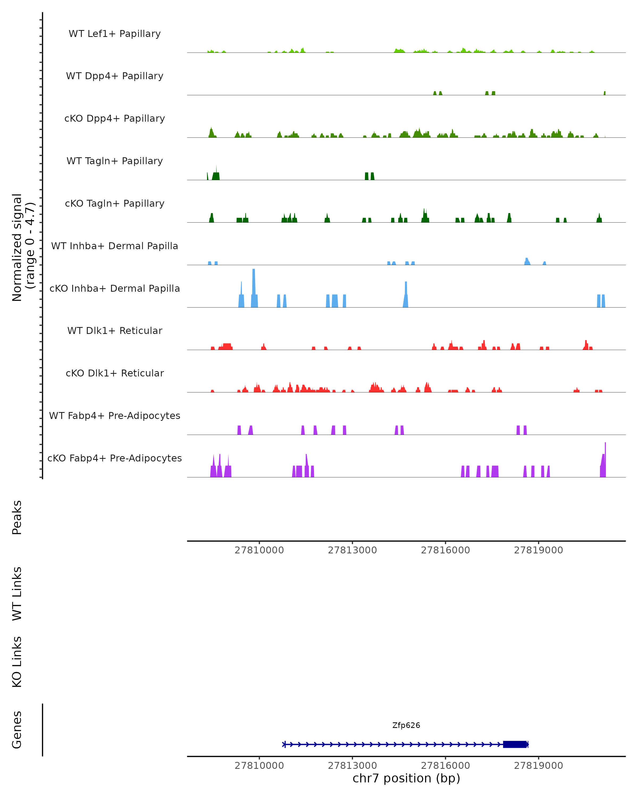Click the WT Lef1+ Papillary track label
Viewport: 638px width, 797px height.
pos(115,34)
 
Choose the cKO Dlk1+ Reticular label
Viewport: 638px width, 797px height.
pos(115,373)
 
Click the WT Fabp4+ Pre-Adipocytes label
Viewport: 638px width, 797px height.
pos(115,416)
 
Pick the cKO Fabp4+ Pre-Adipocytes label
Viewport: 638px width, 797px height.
pos(115,458)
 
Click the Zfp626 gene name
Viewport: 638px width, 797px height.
pos(406,725)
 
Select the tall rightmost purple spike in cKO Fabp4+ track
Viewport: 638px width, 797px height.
pos(605,458)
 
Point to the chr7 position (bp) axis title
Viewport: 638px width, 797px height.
pos(406,778)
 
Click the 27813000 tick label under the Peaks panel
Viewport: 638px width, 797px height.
pos(352,550)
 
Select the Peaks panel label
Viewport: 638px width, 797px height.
pos(17,517)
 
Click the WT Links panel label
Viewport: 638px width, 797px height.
pos(17,593)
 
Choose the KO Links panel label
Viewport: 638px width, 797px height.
pos(17,662)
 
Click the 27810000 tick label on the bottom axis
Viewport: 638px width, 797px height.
pos(259,766)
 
